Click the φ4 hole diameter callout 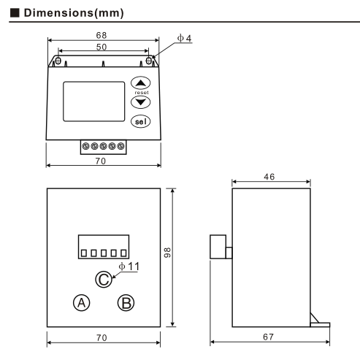coord(184,39)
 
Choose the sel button coord(140,121)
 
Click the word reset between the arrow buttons coord(141,93)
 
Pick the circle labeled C coord(104,279)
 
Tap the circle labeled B coord(127,302)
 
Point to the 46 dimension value coord(270,177)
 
